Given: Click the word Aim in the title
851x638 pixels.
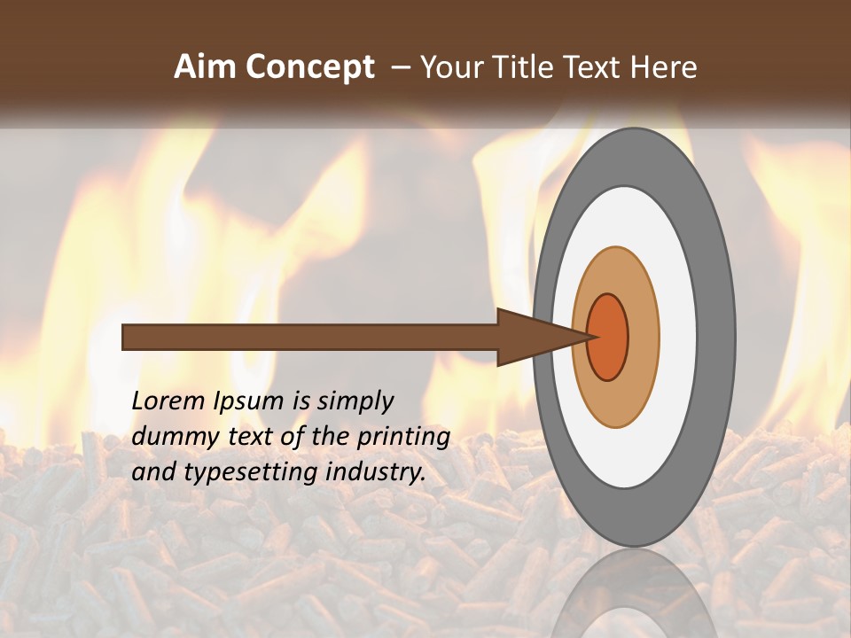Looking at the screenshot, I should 205,67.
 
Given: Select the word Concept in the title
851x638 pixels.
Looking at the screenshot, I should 308,67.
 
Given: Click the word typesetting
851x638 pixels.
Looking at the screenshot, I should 238,472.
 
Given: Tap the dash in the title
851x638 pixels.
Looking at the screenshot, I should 400,68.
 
